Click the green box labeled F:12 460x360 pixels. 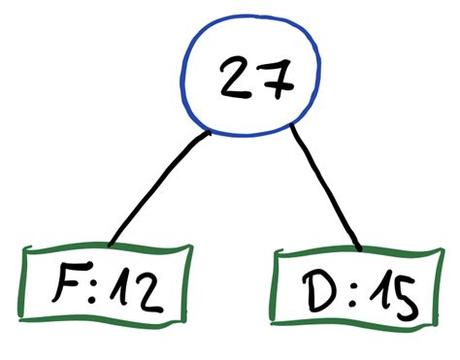(x=106, y=285)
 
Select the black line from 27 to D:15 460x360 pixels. (x=328, y=190)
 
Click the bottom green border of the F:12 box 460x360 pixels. (x=105, y=322)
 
